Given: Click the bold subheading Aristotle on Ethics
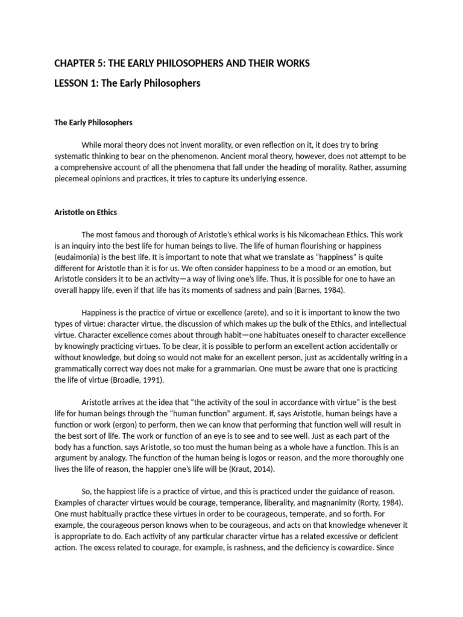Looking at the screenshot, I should (86, 212).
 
